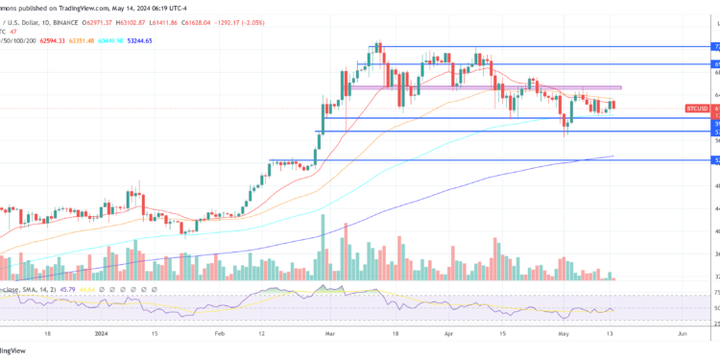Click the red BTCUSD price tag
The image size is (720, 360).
[698, 108]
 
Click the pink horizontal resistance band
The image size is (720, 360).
[480, 88]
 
